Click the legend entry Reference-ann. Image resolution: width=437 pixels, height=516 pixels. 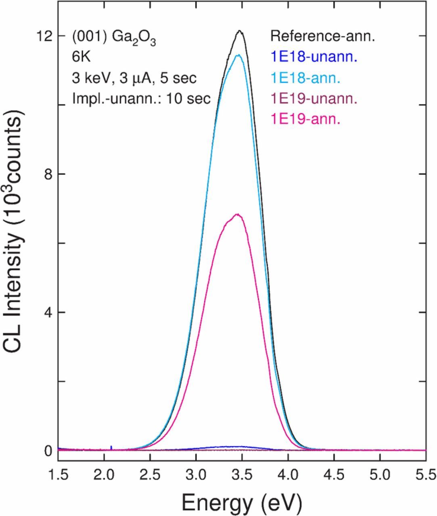pyautogui.click(x=322, y=36)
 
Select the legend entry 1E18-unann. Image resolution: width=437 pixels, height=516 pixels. pyautogui.click(x=314, y=57)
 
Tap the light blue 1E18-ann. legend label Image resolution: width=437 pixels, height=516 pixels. pyautogui.click(x=305, y=77)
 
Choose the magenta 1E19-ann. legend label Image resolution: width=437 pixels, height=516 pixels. pyautogui.click(x=305, y=119)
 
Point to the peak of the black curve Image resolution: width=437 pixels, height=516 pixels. pyautogui.click(x=240, y=31)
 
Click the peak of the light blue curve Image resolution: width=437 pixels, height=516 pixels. pyautogui.click(x=238, y=55)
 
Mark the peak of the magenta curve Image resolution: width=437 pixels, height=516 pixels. pyautogui.click(x=237, y=214)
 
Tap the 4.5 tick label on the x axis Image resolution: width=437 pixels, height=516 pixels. pyautogui.click(x=334, y=472)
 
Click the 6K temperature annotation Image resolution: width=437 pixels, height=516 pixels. pyautogui.click(x=82, y=57)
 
